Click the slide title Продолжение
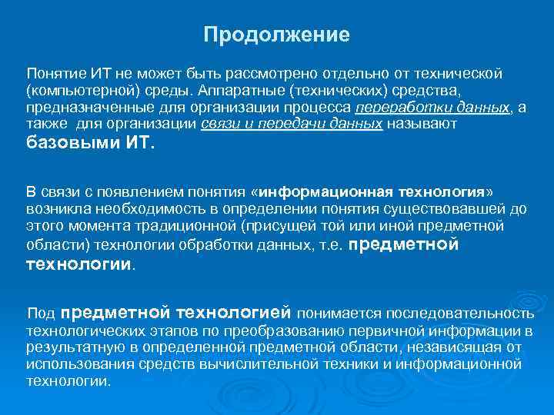coord(276,35)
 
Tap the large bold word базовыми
coord(69,143)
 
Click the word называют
coord(422,125)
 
